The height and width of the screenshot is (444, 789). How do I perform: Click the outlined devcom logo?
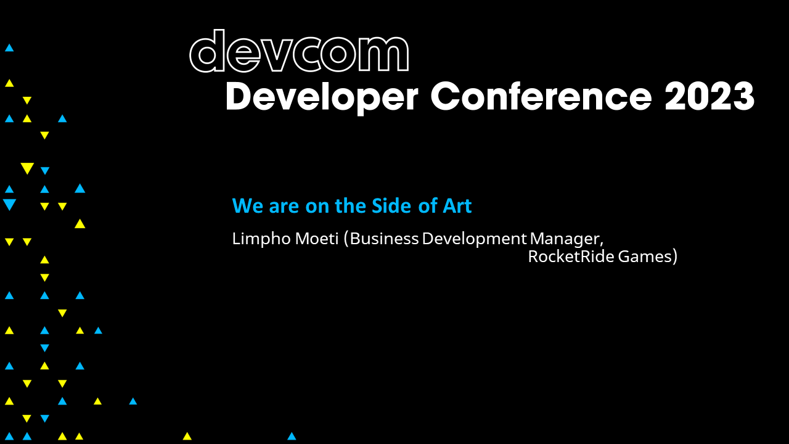point(299,52)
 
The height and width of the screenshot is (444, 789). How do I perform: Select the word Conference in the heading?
point(541,96)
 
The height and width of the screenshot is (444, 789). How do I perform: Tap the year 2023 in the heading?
point(709,96)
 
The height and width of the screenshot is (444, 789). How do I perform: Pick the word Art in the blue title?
point(457,206)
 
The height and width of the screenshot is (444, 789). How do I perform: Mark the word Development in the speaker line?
point(474,239)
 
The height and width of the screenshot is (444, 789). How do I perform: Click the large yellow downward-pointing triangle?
point(27,168)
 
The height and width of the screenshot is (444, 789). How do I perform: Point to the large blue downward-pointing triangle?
point(9,204)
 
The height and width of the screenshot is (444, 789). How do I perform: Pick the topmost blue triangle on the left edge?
point(9,47)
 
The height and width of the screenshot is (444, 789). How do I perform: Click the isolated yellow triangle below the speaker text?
point(187,436)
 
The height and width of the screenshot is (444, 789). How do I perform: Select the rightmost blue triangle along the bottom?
point(292,436)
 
